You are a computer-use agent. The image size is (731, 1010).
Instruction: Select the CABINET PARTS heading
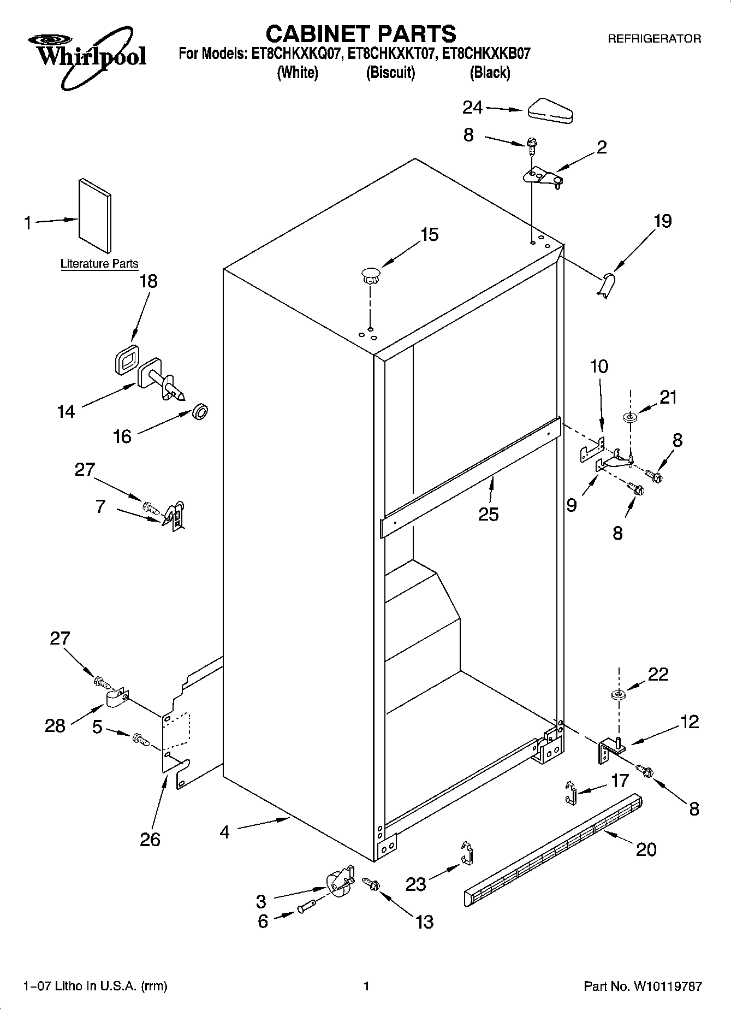[360, 34]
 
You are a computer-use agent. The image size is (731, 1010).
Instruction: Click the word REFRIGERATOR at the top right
[654, 39]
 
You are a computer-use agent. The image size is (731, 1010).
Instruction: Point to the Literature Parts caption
[99, 264]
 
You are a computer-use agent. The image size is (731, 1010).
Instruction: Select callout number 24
[472, 108]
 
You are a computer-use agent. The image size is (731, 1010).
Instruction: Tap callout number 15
[429, 235]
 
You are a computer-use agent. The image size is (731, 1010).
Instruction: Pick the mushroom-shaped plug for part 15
[371, 275]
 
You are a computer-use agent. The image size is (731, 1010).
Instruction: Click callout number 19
[662, 221]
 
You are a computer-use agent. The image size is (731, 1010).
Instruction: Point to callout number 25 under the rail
[488, 514]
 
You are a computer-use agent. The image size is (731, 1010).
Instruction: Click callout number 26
[150, 839]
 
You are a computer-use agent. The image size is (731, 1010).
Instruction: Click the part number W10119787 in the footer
[667, 986]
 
